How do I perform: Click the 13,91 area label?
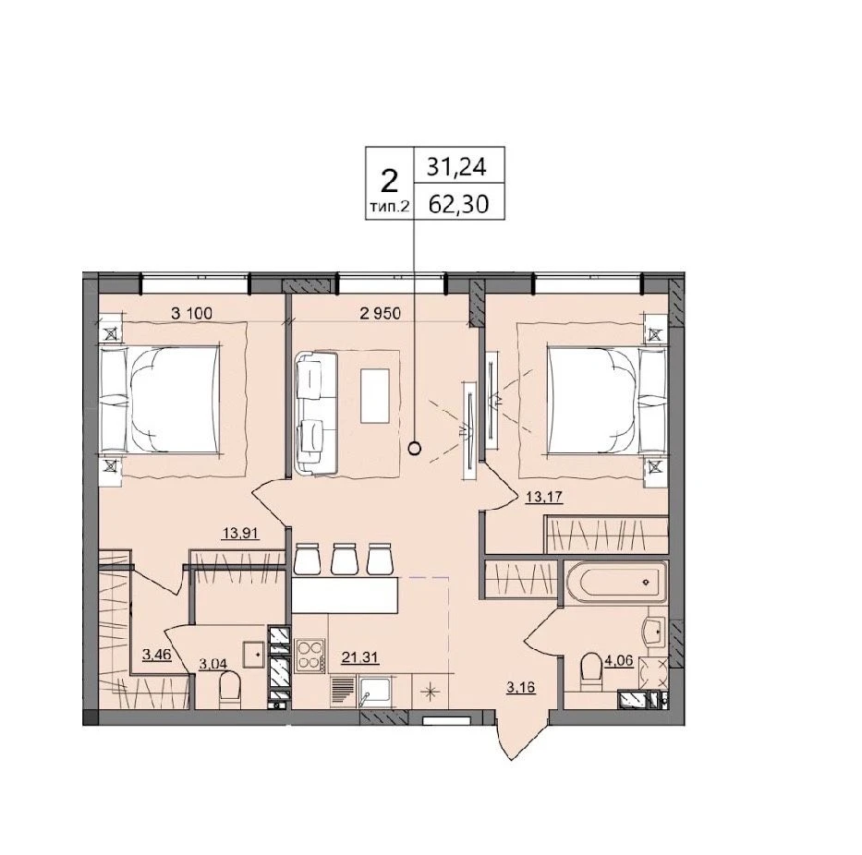coord(240,533)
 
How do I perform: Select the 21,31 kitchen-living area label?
coord(360,657)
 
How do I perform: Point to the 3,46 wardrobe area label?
coord(157,655)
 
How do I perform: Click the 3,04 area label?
coord(212,664)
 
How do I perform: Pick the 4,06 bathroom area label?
coord(620,661)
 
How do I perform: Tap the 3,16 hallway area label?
coord(520,687)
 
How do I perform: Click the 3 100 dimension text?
coord(192,314)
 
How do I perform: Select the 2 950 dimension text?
coord(381,314)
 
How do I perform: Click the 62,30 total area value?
coord(458,205)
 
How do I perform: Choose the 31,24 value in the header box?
coord(457,166)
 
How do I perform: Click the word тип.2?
coord(389,207)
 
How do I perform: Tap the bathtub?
coord(615,582)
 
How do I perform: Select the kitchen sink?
coord(375,692)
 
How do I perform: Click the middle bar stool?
coord(345,559)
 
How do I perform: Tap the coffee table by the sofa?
coord(375,395)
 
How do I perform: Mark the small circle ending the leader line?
coord(415,449)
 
